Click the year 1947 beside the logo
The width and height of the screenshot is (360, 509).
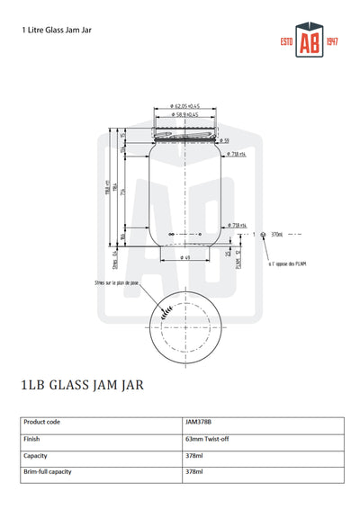coord(330,43)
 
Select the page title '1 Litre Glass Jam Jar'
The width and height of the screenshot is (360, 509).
coord(58,30)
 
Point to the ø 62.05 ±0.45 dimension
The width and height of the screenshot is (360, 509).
coord(185,105)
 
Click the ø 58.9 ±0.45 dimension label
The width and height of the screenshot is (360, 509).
coord(186,114)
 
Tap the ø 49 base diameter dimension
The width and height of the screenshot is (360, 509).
coord(185,258)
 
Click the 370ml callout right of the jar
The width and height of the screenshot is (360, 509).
coord(276,235)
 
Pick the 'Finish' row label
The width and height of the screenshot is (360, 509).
coord(33,439)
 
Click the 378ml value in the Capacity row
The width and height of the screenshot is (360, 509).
coord(193,456)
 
